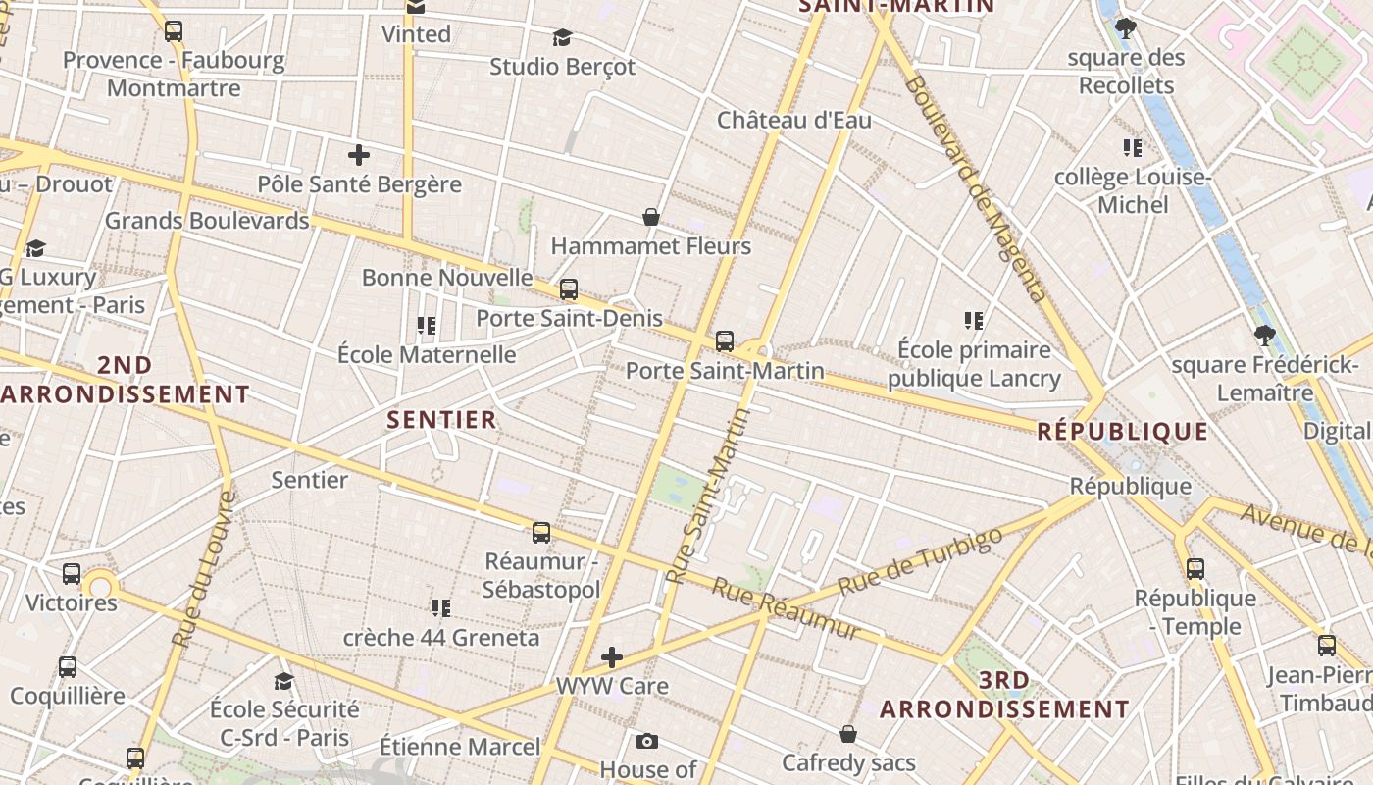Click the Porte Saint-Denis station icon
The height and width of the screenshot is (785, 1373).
click(x=569, y=289)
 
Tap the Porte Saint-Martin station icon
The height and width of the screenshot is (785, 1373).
click(x=725, y=341)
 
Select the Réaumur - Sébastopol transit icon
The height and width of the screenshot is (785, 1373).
click(x=541, y=533)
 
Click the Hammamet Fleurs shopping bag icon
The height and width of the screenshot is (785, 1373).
click(x=650, y=217)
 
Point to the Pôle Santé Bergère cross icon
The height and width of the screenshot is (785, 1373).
click(x=359, y=155)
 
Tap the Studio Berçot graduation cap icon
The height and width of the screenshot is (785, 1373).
click(x=562, y=38)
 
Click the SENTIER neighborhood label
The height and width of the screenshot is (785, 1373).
click(x=441, y=420)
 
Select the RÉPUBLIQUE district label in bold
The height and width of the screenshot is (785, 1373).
click(x=1123, y=431)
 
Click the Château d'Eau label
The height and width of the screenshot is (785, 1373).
click(x=793, y=121)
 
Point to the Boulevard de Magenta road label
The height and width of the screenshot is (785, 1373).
click(x=974, y=186)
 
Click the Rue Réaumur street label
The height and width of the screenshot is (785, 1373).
click(x=787, y=608)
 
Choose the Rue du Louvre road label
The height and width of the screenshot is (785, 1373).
click(x=204, y=569)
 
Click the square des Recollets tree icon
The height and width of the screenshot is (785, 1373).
click(x=1126, y=28)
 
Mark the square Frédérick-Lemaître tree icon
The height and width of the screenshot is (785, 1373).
click(x=1265, y=336)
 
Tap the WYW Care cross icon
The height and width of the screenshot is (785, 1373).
click(x=612, y=656)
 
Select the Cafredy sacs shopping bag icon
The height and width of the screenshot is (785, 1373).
click(x=848, y=734)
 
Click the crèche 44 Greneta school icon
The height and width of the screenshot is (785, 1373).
click(x=441, y=608)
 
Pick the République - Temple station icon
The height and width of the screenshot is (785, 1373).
click(x=1195, y=569)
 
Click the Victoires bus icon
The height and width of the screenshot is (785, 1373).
click(x=72, y=574)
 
